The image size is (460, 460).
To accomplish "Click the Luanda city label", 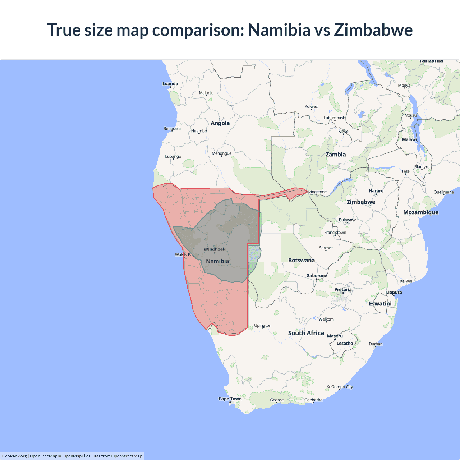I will point(170,84).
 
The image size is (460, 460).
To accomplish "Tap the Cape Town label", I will point(230,399).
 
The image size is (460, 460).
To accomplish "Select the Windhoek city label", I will point(215,249).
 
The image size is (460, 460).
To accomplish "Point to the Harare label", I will point(376,191).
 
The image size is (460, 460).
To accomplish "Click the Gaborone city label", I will point(317,276).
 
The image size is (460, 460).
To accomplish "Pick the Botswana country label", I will point(301,260).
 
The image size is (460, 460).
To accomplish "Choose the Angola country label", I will point(220,123).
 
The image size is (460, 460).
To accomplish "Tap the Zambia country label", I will point(336,155).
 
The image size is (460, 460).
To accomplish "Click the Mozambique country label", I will point(421,212).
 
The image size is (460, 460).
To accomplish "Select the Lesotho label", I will point(345,343).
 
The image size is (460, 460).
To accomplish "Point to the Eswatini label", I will point(380,303).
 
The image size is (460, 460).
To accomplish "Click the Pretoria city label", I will point(343,289).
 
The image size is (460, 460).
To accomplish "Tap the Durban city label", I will point(376,344).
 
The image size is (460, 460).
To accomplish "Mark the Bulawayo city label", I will point(348,220).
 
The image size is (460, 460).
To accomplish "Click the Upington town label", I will point(263,325).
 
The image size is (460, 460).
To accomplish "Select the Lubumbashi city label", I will point(335,118).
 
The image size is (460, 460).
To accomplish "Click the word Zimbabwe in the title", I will point(373,30).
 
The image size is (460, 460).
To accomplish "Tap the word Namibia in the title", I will point(279,30).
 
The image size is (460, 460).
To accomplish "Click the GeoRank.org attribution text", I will point(14,456).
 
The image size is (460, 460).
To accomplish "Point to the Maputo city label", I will point(394,292).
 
